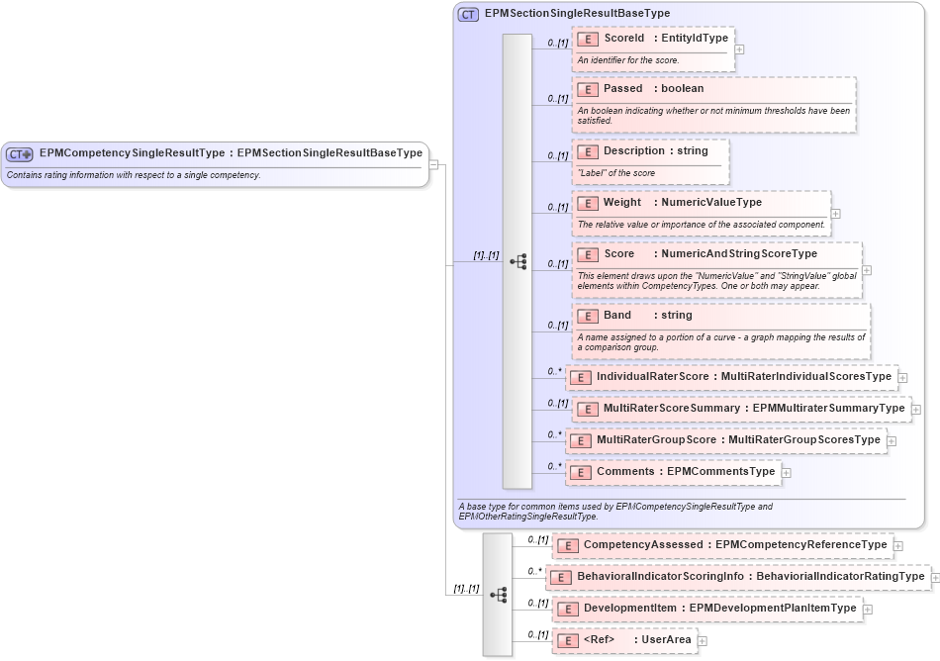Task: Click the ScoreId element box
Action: tap(653, 39)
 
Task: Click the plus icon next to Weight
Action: tap(836, 213)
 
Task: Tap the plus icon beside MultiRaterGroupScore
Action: tap(892, 441)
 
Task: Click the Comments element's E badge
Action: tap(581, 473)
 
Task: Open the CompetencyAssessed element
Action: tap(723, 545)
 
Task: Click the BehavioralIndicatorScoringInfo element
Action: tap(738, 577)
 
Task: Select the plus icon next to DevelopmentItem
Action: tap(868, 610)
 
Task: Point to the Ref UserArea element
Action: tap(624, 640)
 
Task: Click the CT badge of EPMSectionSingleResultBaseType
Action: tap(469, 14)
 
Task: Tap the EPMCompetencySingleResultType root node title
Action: tap(231, 153)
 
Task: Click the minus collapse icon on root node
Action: tap(433, 164)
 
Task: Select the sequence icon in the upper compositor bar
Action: tap(517, 262)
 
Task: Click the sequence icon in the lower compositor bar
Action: tap(498, 595)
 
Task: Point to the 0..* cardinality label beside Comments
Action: tap(554, 465)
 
